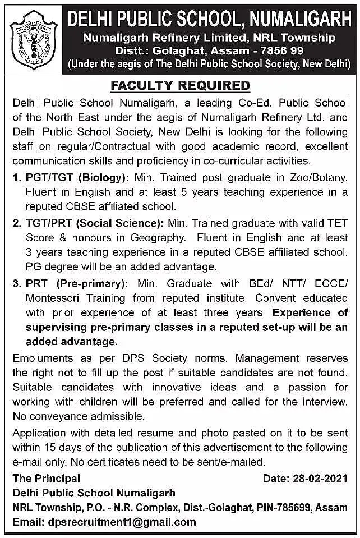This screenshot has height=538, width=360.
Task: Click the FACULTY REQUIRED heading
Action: [x=180, y=86]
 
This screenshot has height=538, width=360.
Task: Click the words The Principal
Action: [x=47, y=479]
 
